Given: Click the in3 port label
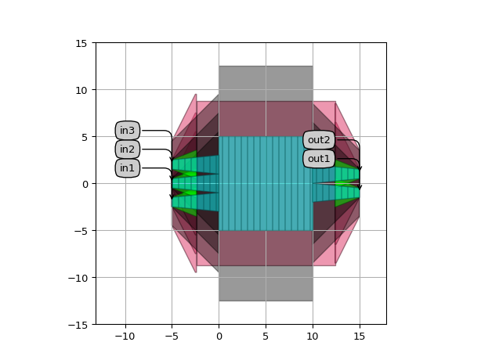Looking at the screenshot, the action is point(128,131).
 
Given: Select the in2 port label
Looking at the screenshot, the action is point(128,149).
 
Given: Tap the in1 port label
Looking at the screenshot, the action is point(128,168).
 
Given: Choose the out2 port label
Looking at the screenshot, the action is point(319,140).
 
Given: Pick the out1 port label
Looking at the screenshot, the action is point(319,159).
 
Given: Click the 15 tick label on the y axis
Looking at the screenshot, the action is point(81,44).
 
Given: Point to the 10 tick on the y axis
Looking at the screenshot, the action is point(81,90).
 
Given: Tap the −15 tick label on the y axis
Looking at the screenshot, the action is point(78,325).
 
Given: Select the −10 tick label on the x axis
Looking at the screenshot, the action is point(125,337).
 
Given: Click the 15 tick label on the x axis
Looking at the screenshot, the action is point(360,337).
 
